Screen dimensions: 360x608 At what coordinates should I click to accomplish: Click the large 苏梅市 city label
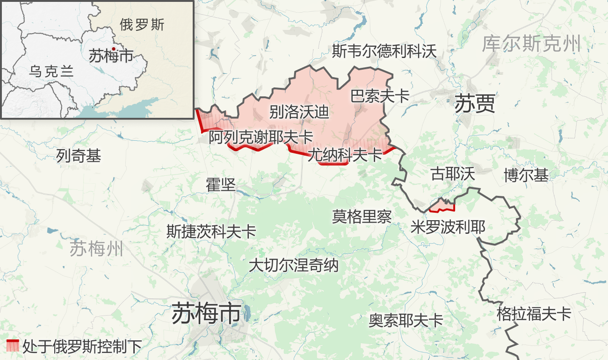pos(206,313)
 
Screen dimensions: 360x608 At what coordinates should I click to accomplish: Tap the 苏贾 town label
pos(475,104)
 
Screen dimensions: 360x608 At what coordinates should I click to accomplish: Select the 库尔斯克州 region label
pos(531,44)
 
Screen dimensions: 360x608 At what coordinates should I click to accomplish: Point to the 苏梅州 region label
pos(96,248)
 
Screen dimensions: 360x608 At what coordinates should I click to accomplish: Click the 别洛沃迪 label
pos(299,112)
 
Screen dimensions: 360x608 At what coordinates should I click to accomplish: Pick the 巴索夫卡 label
pos(380,96)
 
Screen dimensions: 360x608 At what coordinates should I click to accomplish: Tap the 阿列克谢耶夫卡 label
pos(261,137)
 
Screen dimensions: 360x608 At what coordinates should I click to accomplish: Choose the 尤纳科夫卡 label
pos(345,155)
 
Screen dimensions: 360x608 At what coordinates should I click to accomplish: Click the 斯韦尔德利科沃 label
pos(384,51)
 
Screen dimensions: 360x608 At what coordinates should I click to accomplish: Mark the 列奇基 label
pos(79,156)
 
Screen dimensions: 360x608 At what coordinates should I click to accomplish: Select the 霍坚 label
pos(220,185)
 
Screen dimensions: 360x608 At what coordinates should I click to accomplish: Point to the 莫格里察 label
pos(362,216)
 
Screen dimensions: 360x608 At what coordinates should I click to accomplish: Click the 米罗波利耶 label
pos(448,227)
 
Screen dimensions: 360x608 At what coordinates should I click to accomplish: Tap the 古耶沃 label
pos(453,174)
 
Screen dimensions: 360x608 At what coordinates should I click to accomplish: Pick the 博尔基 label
pos(526,175)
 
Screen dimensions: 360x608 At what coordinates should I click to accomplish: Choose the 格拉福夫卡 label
pos(534,314)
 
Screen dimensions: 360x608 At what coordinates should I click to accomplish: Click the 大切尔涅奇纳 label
pos(293,266)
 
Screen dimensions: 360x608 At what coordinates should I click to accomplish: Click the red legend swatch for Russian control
pos(13,346)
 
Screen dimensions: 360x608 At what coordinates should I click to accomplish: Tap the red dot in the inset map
pos(113,49)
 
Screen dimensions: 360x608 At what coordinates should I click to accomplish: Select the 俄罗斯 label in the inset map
pos(142,25)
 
